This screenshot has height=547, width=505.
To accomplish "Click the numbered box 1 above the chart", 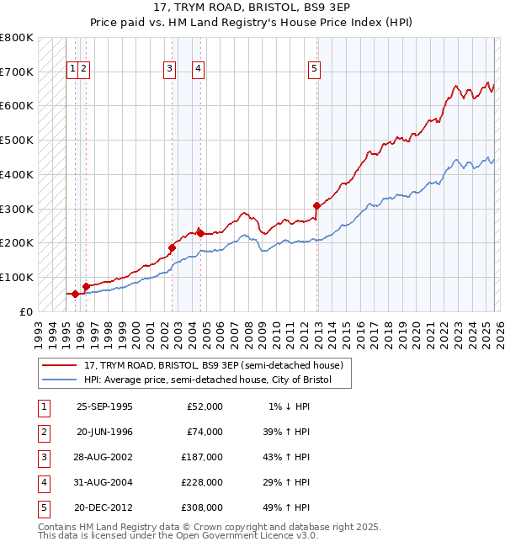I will (x=72, y=69).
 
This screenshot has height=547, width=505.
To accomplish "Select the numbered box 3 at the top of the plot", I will (x=169, y=69).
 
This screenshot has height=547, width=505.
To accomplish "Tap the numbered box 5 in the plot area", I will (x=314, y=69).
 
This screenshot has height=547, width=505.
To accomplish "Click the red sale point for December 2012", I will (x=316, y=205).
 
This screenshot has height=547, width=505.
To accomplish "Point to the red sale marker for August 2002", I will (x=172, y=247).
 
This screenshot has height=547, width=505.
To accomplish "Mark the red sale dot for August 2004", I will (x=200, y=232).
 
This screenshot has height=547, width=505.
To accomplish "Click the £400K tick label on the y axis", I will (x=16, y=174).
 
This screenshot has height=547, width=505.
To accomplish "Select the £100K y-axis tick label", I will (x=16, y=277).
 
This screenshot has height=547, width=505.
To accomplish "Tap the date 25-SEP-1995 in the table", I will (x=104, y=406).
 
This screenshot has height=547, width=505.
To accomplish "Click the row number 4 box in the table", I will (x=43, y=482).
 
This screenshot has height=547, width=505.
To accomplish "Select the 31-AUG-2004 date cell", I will (x=104, y=482).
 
